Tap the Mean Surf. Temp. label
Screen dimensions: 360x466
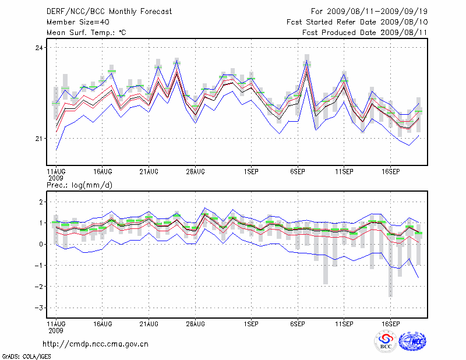pyautogui.click(x=86, y=33)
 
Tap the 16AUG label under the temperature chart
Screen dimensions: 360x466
pyautogui.click(x=103, y=172)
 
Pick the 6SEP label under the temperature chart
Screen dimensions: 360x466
pyautogui.click(x=298, y=172)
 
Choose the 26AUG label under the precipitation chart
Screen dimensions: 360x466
pyautogui.click(x=196, y=322)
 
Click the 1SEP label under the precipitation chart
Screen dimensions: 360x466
pyautogui.click(x=251, y=322)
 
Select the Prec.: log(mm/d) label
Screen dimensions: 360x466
pyautogui.click(x=79, y=185)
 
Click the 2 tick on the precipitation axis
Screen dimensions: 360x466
pyautogui.click(x=41, y=202)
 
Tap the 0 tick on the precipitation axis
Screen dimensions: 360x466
pyautogui.click(x=41, y=244)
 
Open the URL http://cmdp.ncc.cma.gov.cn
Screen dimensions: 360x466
pyautogui.click(x=96, y=344)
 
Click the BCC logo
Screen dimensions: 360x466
pyautogui.click(x=385, y=341)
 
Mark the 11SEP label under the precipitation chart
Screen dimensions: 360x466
pyautogui.click(x=344, y=322)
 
